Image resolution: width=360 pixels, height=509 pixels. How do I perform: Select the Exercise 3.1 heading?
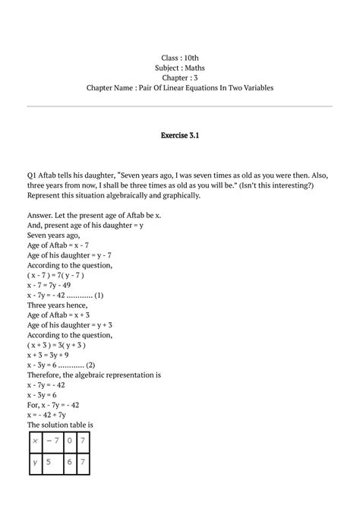point(179,135)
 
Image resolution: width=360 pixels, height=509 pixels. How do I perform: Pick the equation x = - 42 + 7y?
point(52,414)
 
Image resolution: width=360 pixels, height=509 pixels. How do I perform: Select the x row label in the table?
point(34,441)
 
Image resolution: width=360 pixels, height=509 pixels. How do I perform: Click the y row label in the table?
point(34,461)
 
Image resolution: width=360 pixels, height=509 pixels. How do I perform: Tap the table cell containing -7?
point(53,441)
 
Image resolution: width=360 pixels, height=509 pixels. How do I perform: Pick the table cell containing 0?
point(71,441)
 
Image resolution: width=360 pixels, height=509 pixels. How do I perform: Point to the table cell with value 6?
point(71,461)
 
